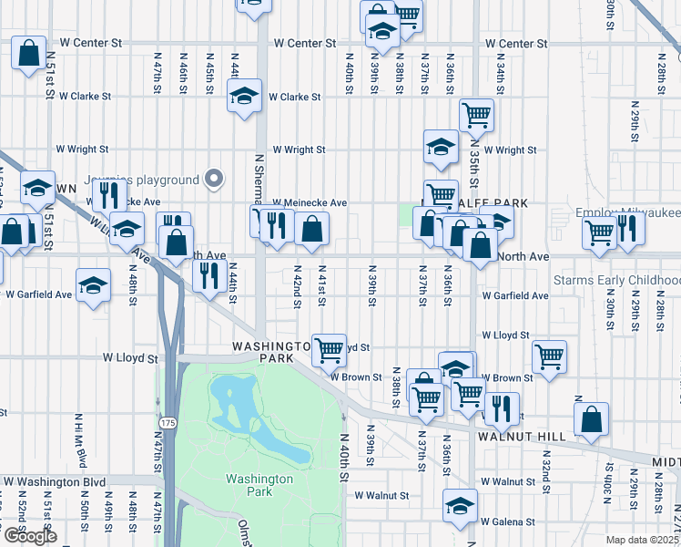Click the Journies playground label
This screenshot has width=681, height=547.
pos(141,180)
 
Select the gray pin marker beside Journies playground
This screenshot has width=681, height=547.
pos(215,179)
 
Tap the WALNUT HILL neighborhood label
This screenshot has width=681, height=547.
pos(521,437)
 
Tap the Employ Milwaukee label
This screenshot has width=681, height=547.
pos(628,212)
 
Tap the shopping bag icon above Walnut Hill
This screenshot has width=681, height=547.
pos(592,420)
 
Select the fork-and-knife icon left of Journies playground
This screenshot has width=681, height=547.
pos(107,194)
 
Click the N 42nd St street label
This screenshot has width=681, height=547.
pos(298,286)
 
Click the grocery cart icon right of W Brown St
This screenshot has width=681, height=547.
pos(549,357)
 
